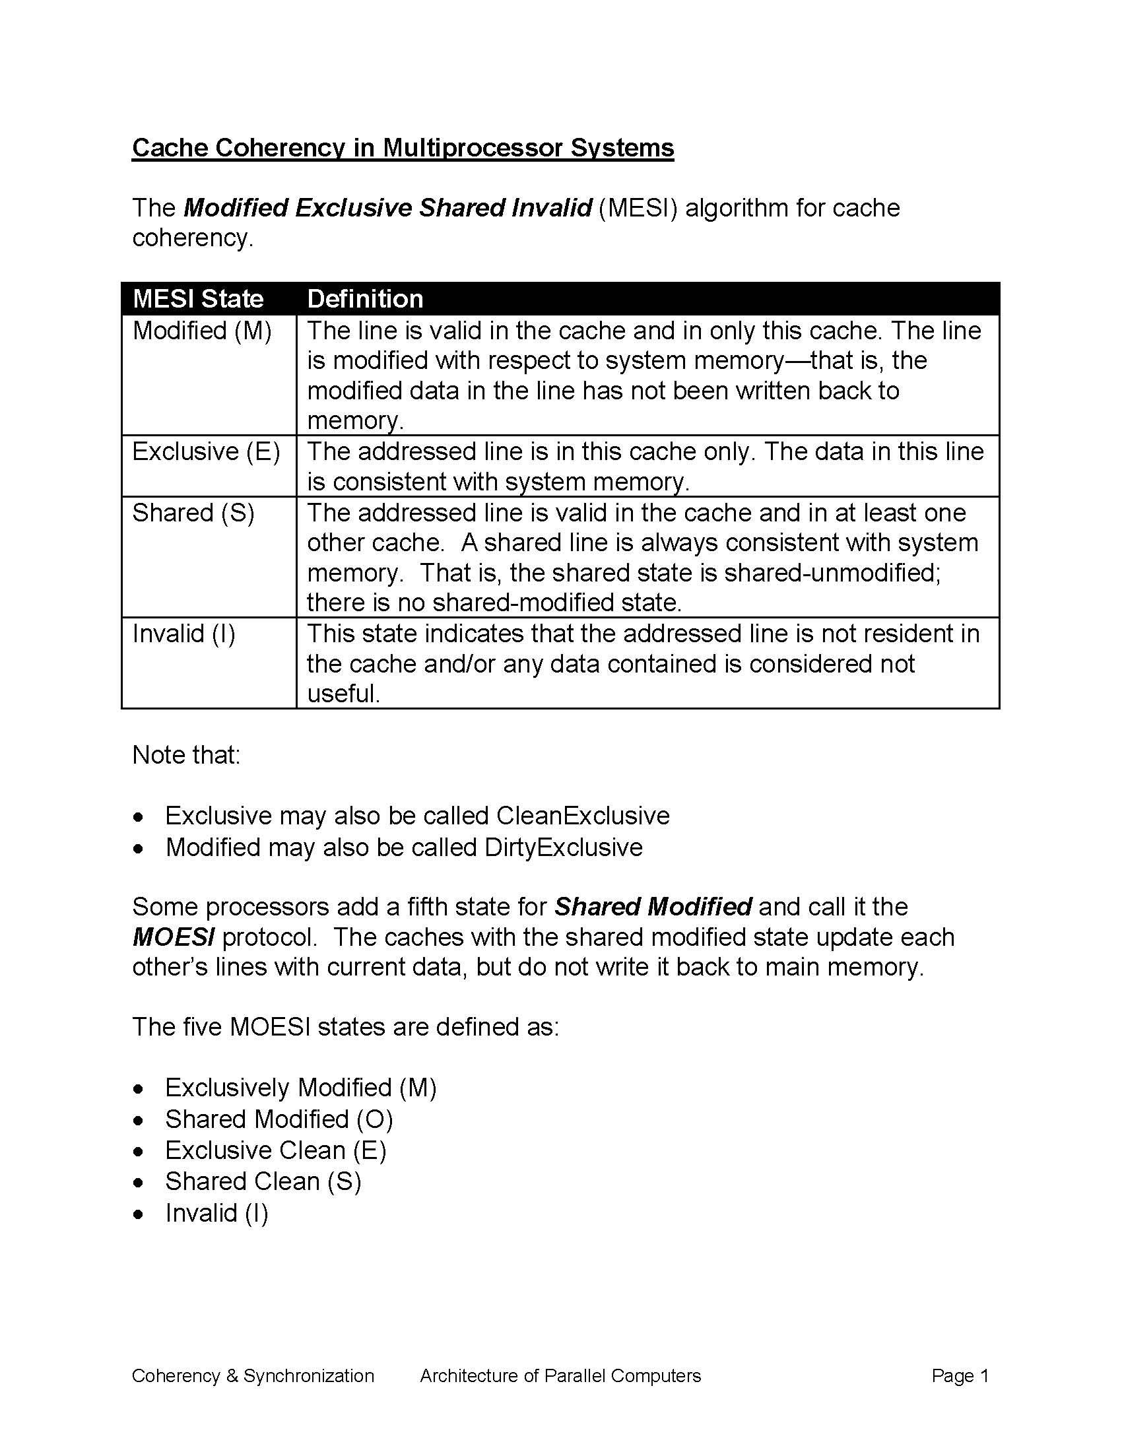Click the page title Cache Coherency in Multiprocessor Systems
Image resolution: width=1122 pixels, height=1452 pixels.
[x=403, y=148]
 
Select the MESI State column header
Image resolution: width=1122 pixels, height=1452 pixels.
[x=198, y=298]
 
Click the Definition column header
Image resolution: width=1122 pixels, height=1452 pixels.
[x=365, y=298]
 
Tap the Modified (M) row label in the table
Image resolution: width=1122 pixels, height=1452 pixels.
[x=202, y=331]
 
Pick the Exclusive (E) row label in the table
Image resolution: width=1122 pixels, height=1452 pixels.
[x=206, y=451]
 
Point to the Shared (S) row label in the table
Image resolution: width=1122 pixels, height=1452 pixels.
[x=193, y=513]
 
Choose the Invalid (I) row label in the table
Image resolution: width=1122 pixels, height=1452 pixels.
[x=184, y=634]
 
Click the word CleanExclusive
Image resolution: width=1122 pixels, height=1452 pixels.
[x=583, y=816]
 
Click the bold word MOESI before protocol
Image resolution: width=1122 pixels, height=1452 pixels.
[x=174, y=937]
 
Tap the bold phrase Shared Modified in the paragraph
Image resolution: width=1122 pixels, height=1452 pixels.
[x=653, y=907]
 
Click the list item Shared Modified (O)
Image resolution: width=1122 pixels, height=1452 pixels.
[x=279, y=1119]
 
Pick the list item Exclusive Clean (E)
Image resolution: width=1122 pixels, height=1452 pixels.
[x=276, y=1150]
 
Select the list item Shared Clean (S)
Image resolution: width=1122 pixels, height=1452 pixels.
[x=263, y=1181]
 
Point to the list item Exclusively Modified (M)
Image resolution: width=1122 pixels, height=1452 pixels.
[x=300, y=1088]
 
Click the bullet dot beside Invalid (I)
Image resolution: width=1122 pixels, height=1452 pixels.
[x=138, y=1214]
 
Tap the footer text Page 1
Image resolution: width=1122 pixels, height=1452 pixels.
[x=960, y=1376]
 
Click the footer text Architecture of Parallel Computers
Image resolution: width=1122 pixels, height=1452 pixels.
[x=560, y=1376]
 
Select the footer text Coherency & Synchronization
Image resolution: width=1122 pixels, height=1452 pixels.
[x=253, y=1376]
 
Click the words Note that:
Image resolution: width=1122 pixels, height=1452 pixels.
[x=186, y=755]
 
